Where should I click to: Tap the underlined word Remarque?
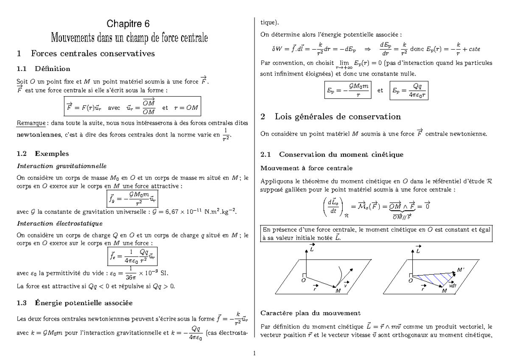coord(30,123)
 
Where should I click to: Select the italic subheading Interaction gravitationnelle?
coord(55,165)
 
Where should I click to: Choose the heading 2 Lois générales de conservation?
coord(331,116)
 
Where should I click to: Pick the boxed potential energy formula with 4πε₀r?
coord(408,90)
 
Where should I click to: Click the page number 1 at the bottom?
coord(254,353)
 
